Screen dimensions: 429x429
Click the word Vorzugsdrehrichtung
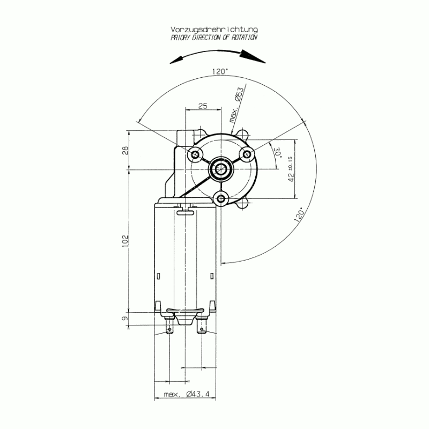[x=214, y=29]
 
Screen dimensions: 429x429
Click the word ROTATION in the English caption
[x=245, y=38]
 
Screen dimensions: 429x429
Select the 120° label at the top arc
[x=220, y=72]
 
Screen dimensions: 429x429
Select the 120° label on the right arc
[x=299, y=214]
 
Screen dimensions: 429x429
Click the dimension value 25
[x=203, y=106]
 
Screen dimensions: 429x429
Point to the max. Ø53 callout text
[x=236, y=105]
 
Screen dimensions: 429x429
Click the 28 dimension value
[x=125, y=151]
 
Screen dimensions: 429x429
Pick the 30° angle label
[x=278, y=152]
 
